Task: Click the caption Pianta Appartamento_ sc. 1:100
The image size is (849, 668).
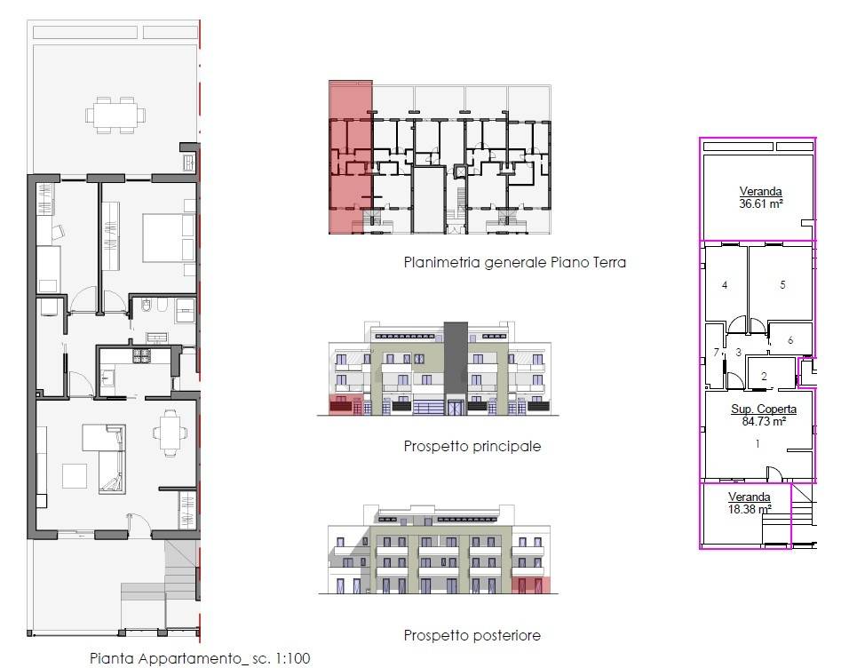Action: [x=200, y=659]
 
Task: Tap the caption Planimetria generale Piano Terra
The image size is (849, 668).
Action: [x=515, y=263]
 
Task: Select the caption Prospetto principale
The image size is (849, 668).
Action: [x=472, y=447]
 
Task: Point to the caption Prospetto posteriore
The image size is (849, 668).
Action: [x=472, y=635]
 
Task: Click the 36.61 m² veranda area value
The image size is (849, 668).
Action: [x=761, y=203]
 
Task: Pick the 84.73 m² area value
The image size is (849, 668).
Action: [x=764, y=421]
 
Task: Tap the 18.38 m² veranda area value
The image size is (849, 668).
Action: [x=750, y=509]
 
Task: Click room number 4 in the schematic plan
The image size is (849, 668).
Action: [x=725, y=285]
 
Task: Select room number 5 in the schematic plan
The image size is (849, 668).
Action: [x=782, y=284]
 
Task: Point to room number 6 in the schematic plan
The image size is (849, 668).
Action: [x=790, y=340]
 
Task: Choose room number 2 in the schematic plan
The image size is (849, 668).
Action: [x=764, y=376]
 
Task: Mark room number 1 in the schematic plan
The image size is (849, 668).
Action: [x=758, y=444]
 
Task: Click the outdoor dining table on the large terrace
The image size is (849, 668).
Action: [x=115, y=115]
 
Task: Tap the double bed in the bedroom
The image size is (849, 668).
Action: [x=169, y=237]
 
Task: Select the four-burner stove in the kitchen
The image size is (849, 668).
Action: [x=142, y=355]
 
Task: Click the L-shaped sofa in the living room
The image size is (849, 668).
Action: [x=105, y=458]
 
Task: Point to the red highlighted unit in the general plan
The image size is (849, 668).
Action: [x=350, y=157]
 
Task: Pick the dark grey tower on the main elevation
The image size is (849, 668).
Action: [x=456, y=369]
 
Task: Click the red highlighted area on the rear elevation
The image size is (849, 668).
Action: [x=531, y=585]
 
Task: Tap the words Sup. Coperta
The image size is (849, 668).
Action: [x=764, y=409]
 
